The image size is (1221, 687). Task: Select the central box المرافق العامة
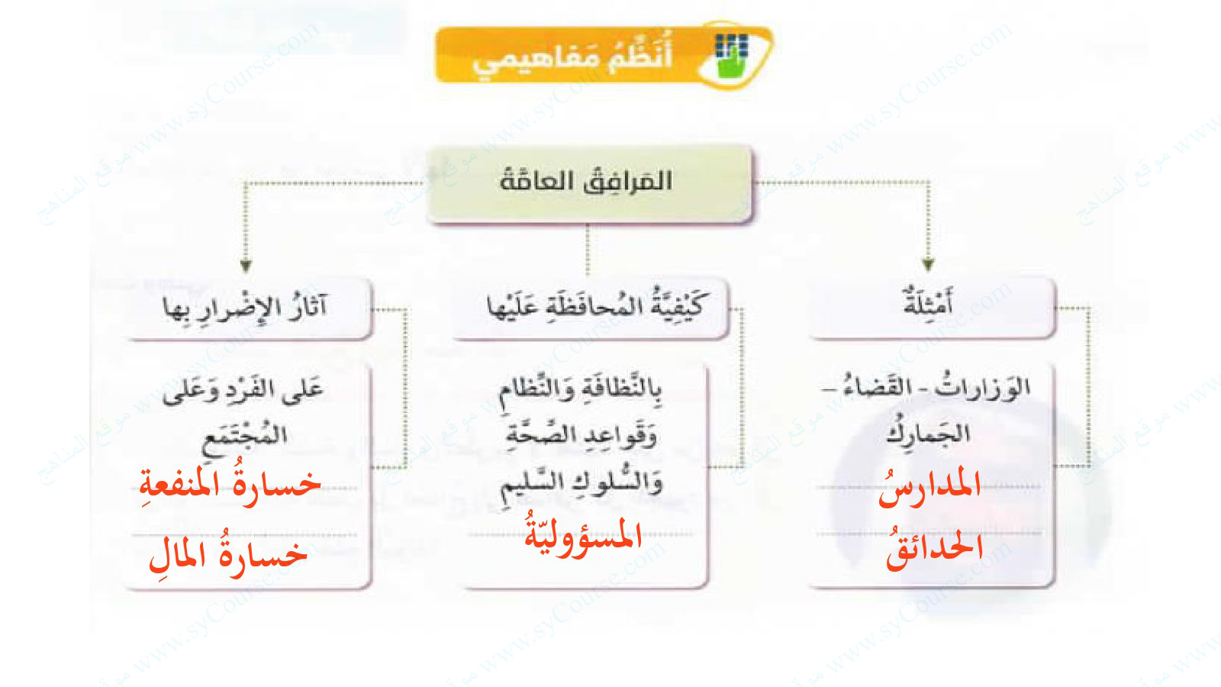588,183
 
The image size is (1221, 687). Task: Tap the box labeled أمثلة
931,308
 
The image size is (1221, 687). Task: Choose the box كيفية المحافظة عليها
591,308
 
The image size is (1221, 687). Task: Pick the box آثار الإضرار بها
248,308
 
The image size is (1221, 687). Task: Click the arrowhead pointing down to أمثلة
928,265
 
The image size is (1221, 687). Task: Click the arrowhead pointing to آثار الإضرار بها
246,266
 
